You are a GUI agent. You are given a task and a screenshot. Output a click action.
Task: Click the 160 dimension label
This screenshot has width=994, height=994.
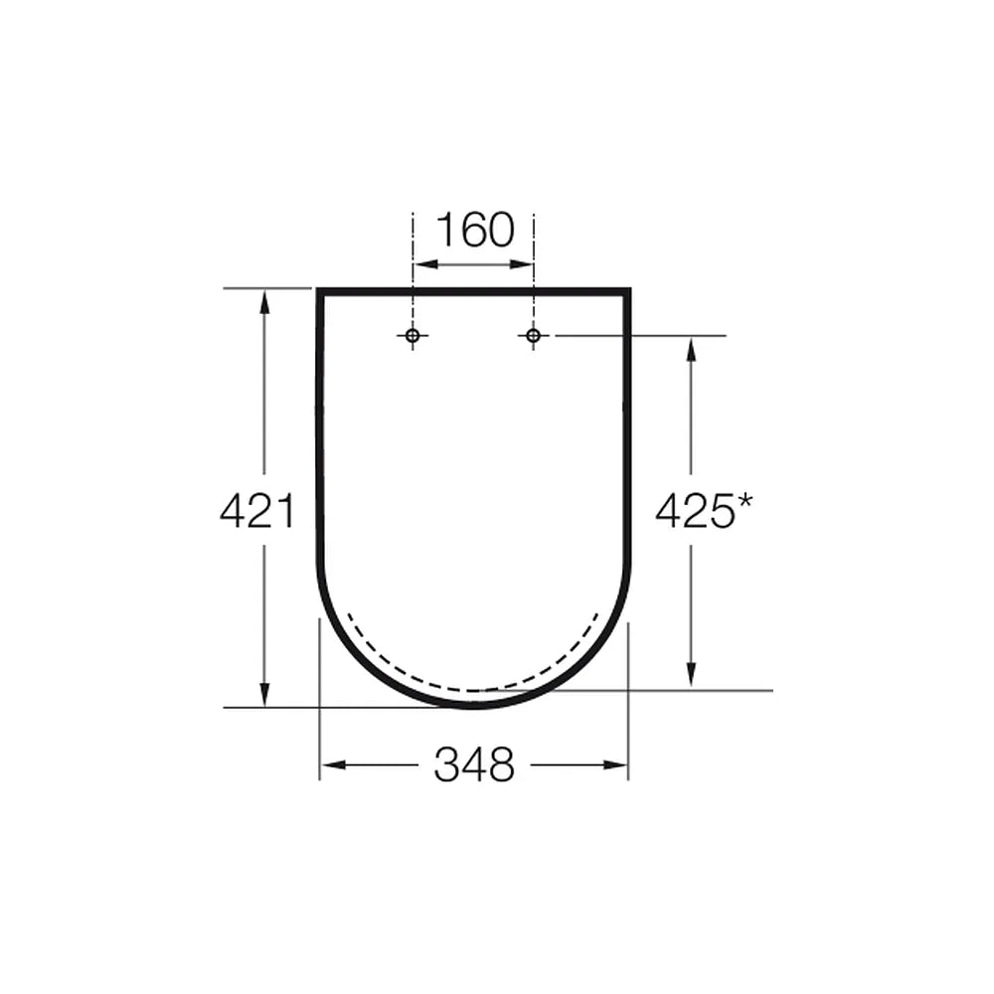[x=475, y=230]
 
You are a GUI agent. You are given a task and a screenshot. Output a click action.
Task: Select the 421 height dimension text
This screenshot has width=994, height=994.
[x=257, y=512]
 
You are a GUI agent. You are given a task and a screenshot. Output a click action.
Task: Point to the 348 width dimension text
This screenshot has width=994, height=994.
[x=474, y=764]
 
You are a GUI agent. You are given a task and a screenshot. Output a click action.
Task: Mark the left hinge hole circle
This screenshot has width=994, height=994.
[x=413, y=335]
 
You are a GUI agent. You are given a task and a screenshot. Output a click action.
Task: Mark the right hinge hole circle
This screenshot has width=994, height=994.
[x=533, y=335]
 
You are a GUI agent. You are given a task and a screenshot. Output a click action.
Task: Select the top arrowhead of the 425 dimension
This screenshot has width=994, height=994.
[x=691, y=349]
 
